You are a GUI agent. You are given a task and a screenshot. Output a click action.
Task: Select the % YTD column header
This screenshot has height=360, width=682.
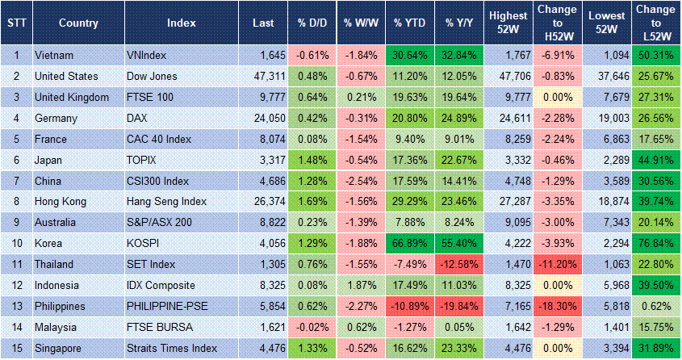pos(409,23)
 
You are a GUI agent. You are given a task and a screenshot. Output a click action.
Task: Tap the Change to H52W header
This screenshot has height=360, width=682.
pos(556,23)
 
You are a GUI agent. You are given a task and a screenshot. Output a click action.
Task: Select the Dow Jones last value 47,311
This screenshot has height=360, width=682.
pos(258,76)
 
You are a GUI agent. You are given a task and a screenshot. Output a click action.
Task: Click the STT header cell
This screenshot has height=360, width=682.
pos(16,23)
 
